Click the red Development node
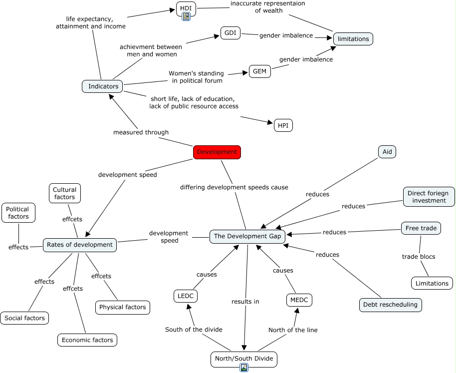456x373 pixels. tap(217, 152)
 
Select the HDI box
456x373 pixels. tap(186, 8)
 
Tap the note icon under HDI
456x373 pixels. tap(186, 16)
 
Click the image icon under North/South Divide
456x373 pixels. tap(244, 368)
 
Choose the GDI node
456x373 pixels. tap(230, 33)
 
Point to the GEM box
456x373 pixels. tap(260, 71)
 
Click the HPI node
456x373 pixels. tap(283, 125)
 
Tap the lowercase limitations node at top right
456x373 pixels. tap(353, 39)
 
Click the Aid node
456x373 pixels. tap(387, 152)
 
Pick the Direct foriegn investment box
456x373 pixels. tap(429, 197)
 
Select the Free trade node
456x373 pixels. tap(421, 228)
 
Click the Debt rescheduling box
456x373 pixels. tap(391, 305)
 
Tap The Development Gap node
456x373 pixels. tap(247, 236)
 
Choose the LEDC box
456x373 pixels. tap(186, 296)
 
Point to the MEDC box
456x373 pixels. tap(299, 300)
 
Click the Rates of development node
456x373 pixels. tap(80, 245)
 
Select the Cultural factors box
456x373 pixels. tap(64, 193)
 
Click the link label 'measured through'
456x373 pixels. tap(141, 132)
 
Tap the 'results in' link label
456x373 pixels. tap(245, 302)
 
